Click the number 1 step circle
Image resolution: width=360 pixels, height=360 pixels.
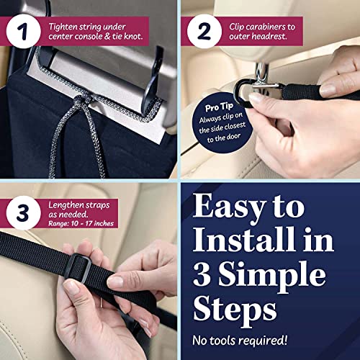click(x=24, y=31)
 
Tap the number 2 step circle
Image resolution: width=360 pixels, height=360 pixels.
click(x=204, y=31)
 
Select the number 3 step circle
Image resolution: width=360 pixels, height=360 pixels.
click(x=24, y=213)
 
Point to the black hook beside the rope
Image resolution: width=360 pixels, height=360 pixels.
click(x=151, y=79)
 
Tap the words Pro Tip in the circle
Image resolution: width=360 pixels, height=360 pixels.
click(x=219, y=107)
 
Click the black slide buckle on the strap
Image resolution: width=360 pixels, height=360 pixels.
click(x=78, y=268)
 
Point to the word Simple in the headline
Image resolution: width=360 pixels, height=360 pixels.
click(x=272, y=276)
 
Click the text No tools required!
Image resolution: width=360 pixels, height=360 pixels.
click(x=240, y=340)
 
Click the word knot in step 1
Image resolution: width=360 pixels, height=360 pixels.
click(x=133, y=37)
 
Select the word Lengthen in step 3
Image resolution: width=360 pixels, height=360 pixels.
click(x=63, y=205)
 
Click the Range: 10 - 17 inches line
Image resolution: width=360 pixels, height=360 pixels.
click(x=81, y=224)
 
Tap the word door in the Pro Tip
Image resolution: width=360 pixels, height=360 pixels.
click(x=233, y=137)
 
